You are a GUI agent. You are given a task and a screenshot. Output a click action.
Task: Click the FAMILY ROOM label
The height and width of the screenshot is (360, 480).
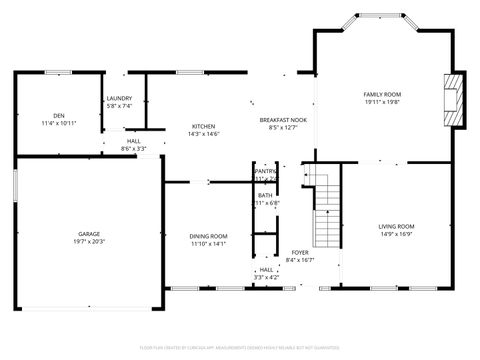[x=382, y=94]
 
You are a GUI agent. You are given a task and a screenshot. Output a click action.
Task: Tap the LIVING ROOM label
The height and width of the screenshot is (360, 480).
[x=396, y=227]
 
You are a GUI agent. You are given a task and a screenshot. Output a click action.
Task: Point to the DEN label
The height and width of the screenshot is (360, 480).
[x=59, y=116]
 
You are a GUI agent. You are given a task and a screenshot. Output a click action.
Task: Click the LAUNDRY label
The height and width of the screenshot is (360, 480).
[x=120, y=98]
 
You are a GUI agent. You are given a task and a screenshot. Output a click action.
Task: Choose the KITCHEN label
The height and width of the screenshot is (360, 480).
[x=205, y=126]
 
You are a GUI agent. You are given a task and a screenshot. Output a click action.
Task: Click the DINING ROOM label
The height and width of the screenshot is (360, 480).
[x=209, y=236]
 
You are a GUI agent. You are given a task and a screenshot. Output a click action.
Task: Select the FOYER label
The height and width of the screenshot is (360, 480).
[x=300, y=252]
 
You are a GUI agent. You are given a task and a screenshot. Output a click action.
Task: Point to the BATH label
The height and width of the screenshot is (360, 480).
[x=265, y=195]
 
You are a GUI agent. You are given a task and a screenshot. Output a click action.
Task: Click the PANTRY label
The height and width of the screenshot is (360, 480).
[x=265, y=171]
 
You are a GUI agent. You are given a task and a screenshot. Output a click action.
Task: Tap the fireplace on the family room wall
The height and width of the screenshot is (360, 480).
[x=456, y=99]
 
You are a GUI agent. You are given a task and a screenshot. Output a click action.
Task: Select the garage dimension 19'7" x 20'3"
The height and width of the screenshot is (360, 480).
[x=89, y=241]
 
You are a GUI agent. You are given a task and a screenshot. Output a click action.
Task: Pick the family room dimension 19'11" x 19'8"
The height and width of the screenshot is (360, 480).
[x=382, y=102]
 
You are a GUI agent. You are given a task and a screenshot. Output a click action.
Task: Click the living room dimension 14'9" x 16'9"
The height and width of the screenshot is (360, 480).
[x=396, y=235]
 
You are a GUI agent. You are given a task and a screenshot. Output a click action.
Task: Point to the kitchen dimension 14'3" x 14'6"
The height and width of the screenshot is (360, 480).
[x=205, y=134]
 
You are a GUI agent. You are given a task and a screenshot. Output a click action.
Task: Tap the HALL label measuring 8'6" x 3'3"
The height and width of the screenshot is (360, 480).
[x=133, y=141]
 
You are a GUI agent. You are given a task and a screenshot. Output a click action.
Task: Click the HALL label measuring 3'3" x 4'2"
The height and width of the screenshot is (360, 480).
[x=266, y=269]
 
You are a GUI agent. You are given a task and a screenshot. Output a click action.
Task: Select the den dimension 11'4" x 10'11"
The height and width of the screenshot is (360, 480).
[x=59, y=124]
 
